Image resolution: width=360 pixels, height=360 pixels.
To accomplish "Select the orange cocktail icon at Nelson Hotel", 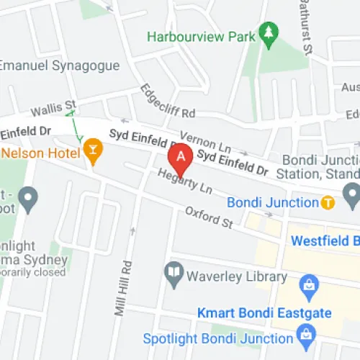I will (92, 150).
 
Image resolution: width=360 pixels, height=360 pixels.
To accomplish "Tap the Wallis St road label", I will (53, 109).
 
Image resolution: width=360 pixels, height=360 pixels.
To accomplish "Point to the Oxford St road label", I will (209, 217).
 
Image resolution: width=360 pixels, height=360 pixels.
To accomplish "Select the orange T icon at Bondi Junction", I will (328, 202).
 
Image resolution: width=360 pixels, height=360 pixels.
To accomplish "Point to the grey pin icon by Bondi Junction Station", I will (351, 193).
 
